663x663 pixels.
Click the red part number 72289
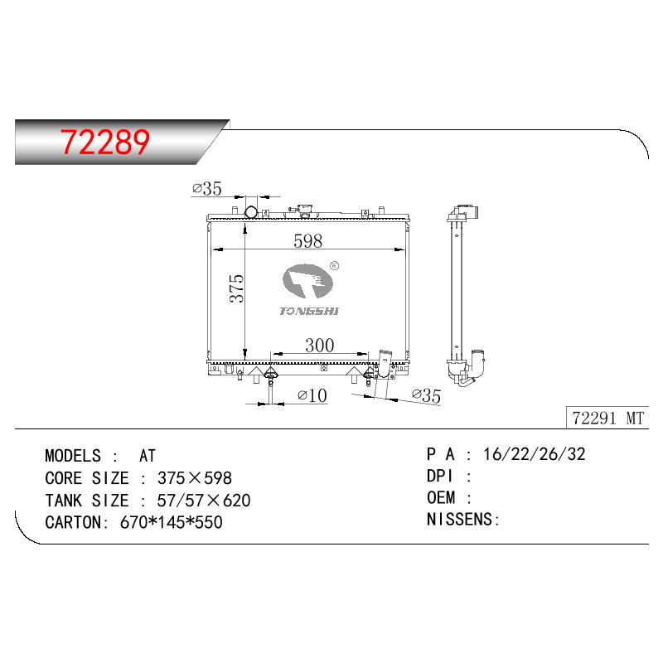(105, 142)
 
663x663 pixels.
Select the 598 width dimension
(307, 241)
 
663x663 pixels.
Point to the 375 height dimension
(237, 288)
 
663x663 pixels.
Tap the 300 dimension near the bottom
(320, 346)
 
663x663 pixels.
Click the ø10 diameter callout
(312, 396)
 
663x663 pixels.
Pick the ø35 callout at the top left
(206, 189)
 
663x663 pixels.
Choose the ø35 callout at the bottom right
(426, 395)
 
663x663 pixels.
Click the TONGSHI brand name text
(309, 312)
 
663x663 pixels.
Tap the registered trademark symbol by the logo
(334, 265)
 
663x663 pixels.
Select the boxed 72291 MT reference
(607, 419)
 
